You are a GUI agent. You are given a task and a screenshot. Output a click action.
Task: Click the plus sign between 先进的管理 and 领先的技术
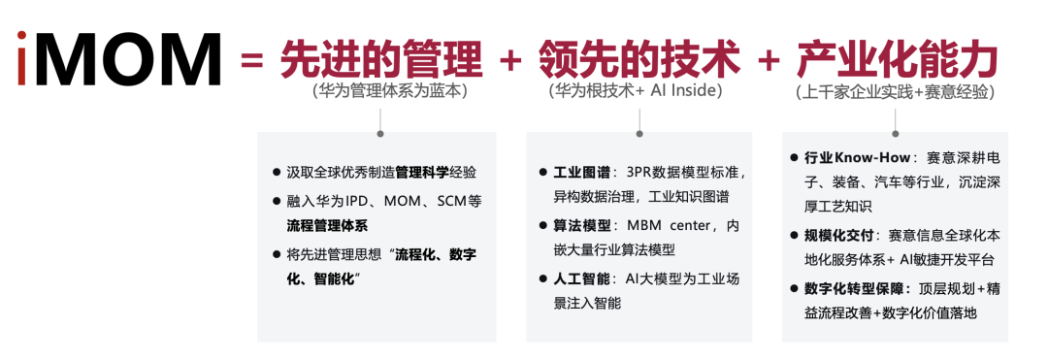click(x=510, y=60)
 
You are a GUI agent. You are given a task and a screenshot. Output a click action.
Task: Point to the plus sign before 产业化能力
click(x=770, y=60)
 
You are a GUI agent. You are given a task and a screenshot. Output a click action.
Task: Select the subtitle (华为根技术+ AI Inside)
click(x=636, y=91)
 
